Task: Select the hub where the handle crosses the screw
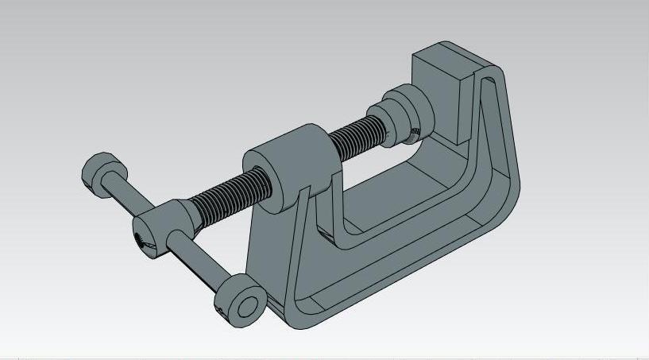[x=155, y=230]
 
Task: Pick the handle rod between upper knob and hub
[x=128, y=197]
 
